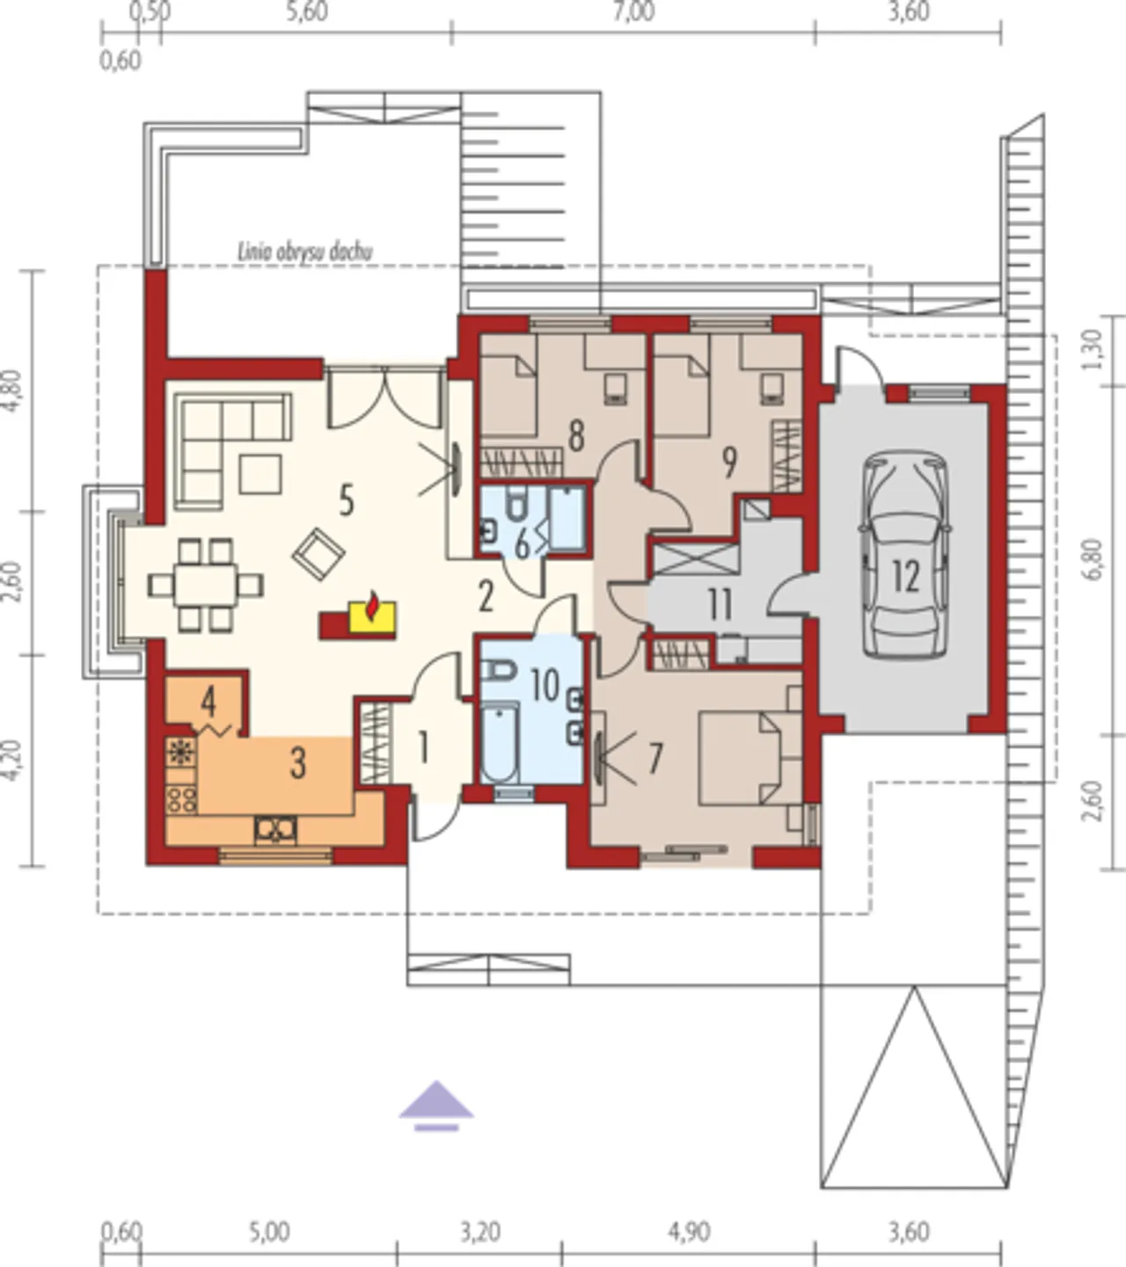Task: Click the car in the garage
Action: (x=905, y=553)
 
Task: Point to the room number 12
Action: (x=906, y=577)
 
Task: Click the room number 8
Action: (x=576, y=435)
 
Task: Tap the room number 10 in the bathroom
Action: (x=545, y=686)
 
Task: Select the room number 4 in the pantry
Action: (x=208, y=702)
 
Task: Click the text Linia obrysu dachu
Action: (x=305, y=252)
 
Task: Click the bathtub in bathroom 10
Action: (x=500, y=743)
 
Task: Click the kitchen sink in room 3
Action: (x=275, y=830)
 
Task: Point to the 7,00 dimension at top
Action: (x=633, y=12)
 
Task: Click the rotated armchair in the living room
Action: (x=318, y=554)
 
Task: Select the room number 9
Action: (x=729, y=462)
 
